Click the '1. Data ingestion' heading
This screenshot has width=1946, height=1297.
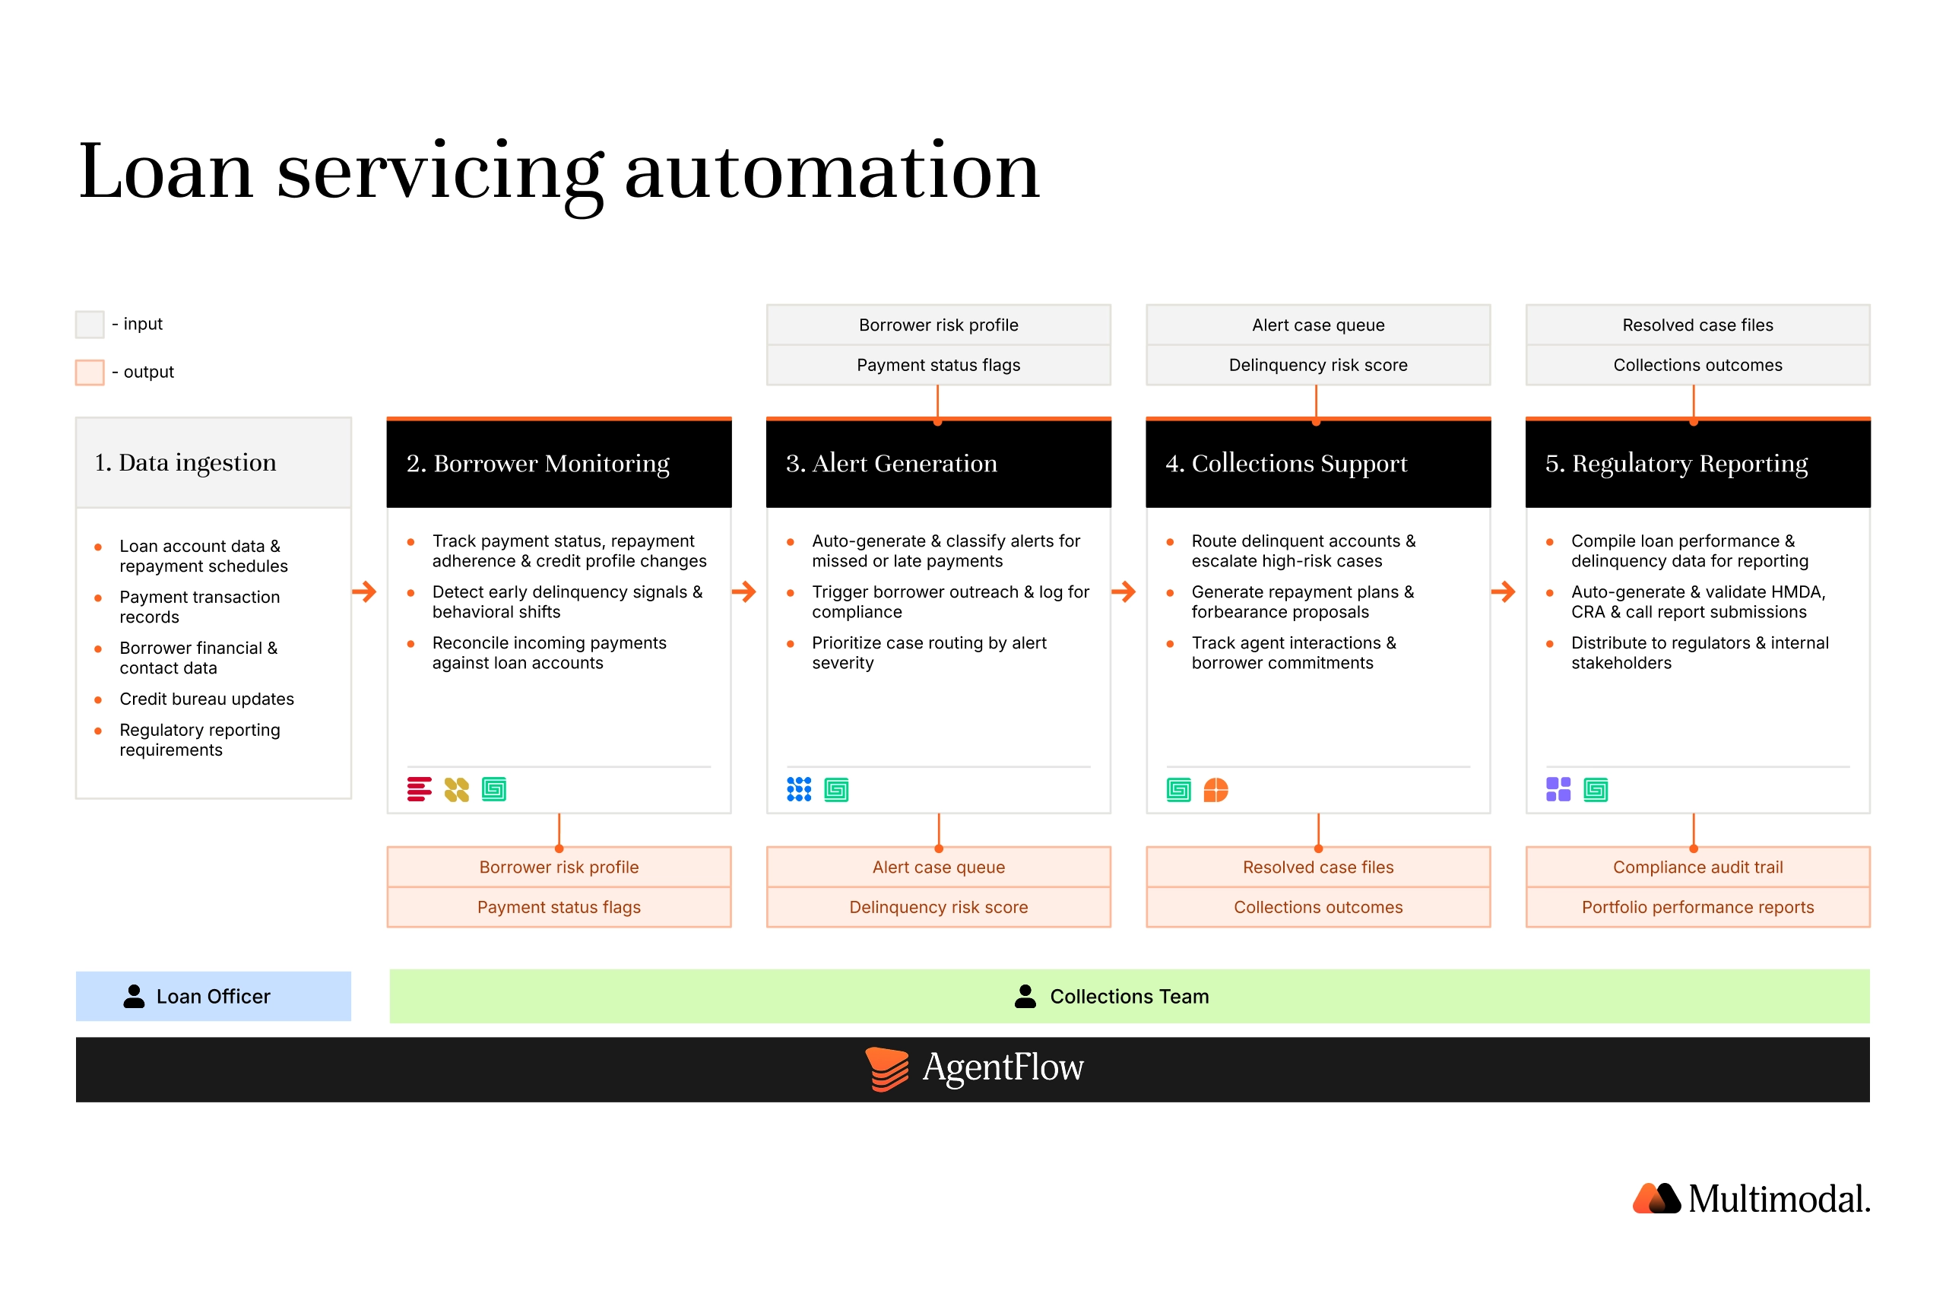[185, 462]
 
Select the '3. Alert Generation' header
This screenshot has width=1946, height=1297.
[891, 463]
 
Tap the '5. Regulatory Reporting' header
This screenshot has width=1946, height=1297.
[1675, 464]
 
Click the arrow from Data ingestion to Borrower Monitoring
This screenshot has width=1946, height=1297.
[364, 591]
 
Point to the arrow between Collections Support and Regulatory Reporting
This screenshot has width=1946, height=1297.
[1503, 591]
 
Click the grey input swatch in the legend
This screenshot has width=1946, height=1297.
[90, 324]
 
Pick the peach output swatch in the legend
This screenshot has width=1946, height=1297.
[90, 373]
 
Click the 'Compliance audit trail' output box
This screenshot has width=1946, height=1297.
[1697, 867]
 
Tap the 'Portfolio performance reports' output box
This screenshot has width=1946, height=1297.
[1697, 908]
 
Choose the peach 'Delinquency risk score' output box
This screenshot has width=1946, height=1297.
[938, 908]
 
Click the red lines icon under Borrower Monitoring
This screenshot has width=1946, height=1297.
[420, 790]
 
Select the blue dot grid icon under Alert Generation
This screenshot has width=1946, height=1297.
[799, 790]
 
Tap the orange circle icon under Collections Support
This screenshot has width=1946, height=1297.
[1215, 790]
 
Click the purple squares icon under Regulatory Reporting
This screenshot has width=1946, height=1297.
[1558, 790]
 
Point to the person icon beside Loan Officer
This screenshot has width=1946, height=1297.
[134, 996]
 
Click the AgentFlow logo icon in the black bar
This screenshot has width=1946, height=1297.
[886, 1069]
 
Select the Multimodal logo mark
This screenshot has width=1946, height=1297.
[1656, 1197]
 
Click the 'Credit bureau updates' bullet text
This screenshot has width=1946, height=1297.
[207, 699]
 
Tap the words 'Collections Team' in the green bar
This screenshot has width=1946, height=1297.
[1129, 997]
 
